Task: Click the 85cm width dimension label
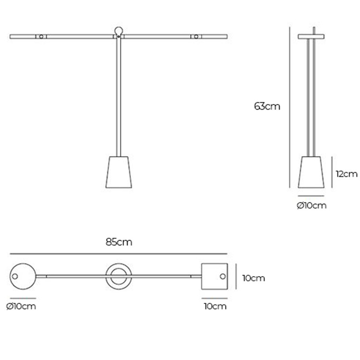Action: tap(119, 243)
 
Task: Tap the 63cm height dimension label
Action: tap(267, 106)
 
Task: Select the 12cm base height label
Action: tap(347, 174)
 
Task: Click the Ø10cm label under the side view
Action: tap(312, 206)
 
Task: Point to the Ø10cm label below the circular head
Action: tap(21, 306)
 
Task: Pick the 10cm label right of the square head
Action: tap(253, 278)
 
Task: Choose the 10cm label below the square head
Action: tap(215, 306)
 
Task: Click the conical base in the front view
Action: tap(119, 172)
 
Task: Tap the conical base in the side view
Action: tap(311, 172)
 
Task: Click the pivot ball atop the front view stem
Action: tap(119, 31)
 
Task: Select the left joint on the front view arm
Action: tap(41, 36)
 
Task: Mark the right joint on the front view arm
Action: tap(196, 36)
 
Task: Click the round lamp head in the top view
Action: tap(23, 277)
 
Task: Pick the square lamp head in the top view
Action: tap(214, 277)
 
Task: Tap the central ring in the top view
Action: tap(118, 277)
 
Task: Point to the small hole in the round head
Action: tap(15, 277)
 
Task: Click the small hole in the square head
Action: tap(222, 277)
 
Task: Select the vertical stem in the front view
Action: tap(119, 96)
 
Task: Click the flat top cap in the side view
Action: tap(311, 36)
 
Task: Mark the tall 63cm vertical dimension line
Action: tap(290, 106)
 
